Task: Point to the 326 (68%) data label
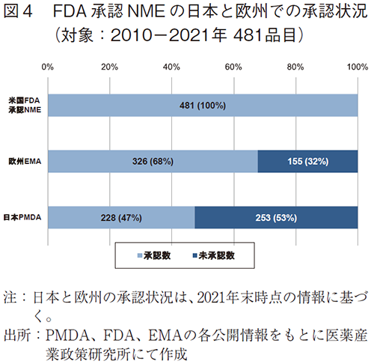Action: [153, 161]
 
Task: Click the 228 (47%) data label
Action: [121, 218]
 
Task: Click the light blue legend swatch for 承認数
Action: [141, 255]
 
